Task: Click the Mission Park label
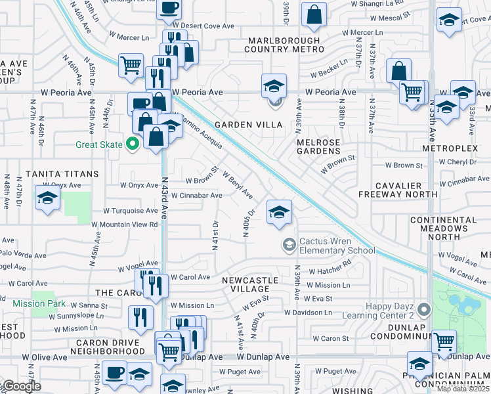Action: [x=39, y=303]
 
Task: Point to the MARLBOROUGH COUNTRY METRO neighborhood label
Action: [x=284, y=45]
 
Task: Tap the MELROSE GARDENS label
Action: [x=318, y=146]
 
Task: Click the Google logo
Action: [x=21, y=386]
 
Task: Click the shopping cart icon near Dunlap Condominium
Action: [x=444, y=341]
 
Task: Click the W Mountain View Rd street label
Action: [x=125, y=224]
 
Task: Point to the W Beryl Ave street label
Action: [x=238, y=185]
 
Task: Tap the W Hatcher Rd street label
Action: [x=330, y=271]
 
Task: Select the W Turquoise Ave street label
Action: [x=130, y=211]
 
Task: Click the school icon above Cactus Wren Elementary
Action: [x=279, y=212]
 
